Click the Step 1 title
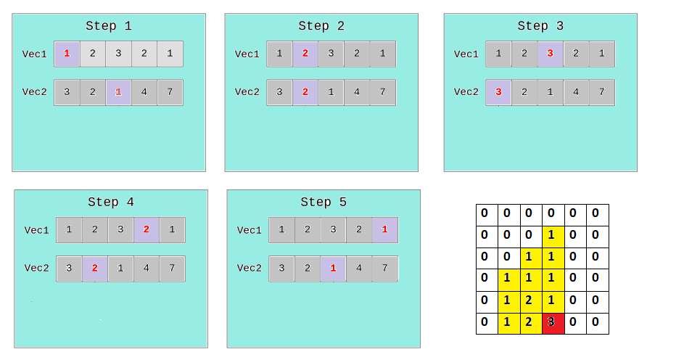click(109, 26)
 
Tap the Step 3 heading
click(540, 26)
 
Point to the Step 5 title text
click(324, 202)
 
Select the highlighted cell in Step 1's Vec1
click(67, 54)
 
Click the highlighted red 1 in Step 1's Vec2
click(118, 92)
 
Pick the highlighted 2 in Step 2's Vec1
click(305, 54)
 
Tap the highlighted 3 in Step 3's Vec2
click(498, 92)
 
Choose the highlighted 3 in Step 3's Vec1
click(550, 54)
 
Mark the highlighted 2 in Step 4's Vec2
click(95, 269)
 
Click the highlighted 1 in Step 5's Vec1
click(384, 230)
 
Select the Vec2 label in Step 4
click(36, 269)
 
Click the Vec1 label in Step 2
click(247, 54)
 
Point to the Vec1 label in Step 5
click(249, 230)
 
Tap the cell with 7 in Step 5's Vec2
click(384, 269)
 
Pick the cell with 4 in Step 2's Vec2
click(357, 92)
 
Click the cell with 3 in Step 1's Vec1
click(118, 54)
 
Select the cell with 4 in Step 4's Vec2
click(147, 269)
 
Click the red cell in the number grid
click(553, 323)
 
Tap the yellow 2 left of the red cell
click(530, 323)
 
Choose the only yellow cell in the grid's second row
click(553, 236)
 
